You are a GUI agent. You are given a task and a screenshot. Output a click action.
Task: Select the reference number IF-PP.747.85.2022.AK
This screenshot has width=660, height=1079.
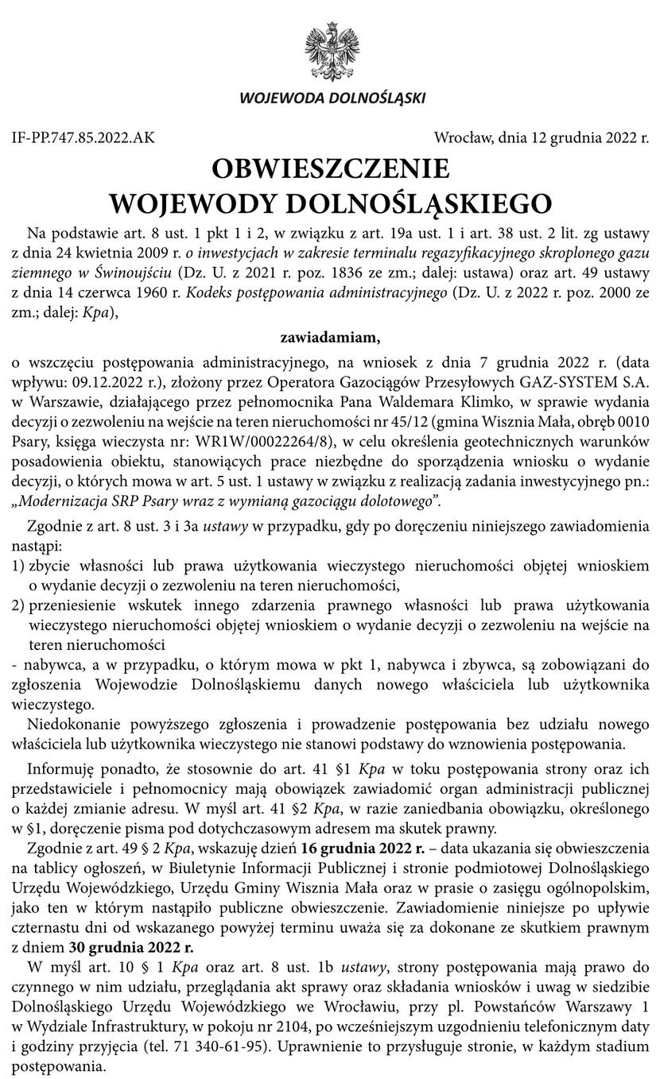pos(83,137)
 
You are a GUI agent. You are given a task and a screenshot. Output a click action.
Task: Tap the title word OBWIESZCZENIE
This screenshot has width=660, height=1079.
pos(330,168)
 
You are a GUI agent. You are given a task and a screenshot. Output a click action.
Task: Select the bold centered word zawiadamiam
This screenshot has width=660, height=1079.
pos(330,338)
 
